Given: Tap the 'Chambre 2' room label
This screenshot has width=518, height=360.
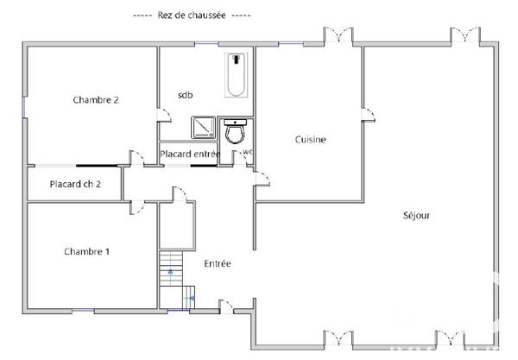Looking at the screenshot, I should tap(96, 100).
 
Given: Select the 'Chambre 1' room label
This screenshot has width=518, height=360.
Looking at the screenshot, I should tap(86, 251).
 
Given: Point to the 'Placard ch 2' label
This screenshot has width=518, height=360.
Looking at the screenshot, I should tap(75, 184).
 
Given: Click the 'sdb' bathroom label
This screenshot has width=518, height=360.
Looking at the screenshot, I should tap(186, 95).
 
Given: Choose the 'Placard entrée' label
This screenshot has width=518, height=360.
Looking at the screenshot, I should tap(190, 155).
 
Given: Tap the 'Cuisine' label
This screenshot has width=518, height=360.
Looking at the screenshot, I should tap(310, 139).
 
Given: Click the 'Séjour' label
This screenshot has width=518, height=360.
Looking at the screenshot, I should tap(416, 215).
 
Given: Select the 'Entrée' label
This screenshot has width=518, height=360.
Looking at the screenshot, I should tap(217, 264).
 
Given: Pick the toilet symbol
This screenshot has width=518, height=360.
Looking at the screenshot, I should tap(235, 132).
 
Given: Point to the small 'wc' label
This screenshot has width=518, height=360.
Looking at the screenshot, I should tap(247, 153).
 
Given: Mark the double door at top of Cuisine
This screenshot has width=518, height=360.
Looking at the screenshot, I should tap(338, 36).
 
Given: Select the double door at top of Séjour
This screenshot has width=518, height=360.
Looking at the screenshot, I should tap(465, 36).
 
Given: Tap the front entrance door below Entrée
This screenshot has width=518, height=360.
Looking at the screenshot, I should tap(227, 306).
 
